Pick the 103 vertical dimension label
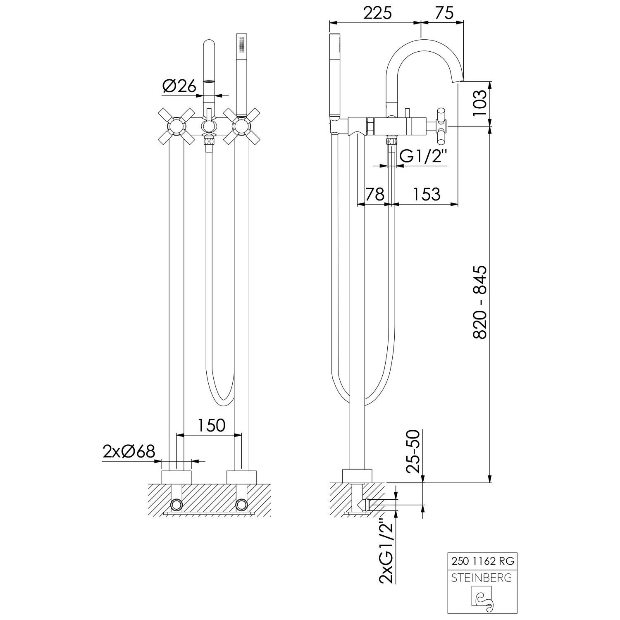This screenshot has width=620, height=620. click(x=480, y=104)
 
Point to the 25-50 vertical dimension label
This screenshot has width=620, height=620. click(x=413, y=451)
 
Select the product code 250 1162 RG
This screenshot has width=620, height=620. click(x=482, y=561)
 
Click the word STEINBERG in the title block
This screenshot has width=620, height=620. click(x=482, y=577)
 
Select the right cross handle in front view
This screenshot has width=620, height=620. click(x=242, y=126)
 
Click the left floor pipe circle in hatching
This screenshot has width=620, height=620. click(x=176, y=504)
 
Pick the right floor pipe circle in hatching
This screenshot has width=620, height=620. click(x=242, y=504)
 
